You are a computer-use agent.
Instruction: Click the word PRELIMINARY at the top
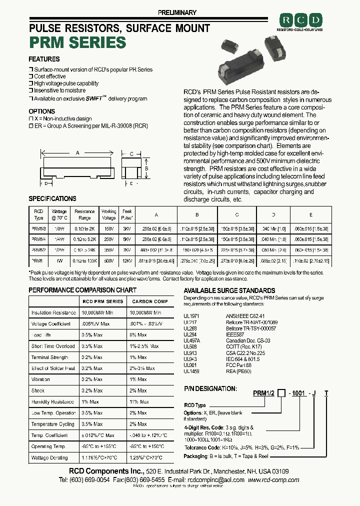tap(177, 12)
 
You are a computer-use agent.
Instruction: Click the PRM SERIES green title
tap(77, 42)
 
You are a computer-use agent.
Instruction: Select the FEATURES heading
tap(44, 59)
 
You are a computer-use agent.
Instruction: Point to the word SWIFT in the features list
tap(94, 99)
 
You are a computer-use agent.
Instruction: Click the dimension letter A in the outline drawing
tap(77, 153)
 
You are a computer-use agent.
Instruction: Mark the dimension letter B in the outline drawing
tap(147, 168)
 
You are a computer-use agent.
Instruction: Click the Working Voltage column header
tap(108, 214)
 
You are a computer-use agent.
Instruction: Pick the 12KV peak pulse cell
tap(126, 260)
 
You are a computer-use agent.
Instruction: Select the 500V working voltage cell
tap(108, 260)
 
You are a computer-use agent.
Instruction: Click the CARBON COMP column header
tap(150, 301)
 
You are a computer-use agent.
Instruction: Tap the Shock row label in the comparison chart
tap(38, 390)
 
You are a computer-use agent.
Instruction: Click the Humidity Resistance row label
tap(52, 401)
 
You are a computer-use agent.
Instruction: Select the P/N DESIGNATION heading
tap(210, 388)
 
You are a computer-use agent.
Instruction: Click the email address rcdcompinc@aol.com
tap(215, 480)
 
